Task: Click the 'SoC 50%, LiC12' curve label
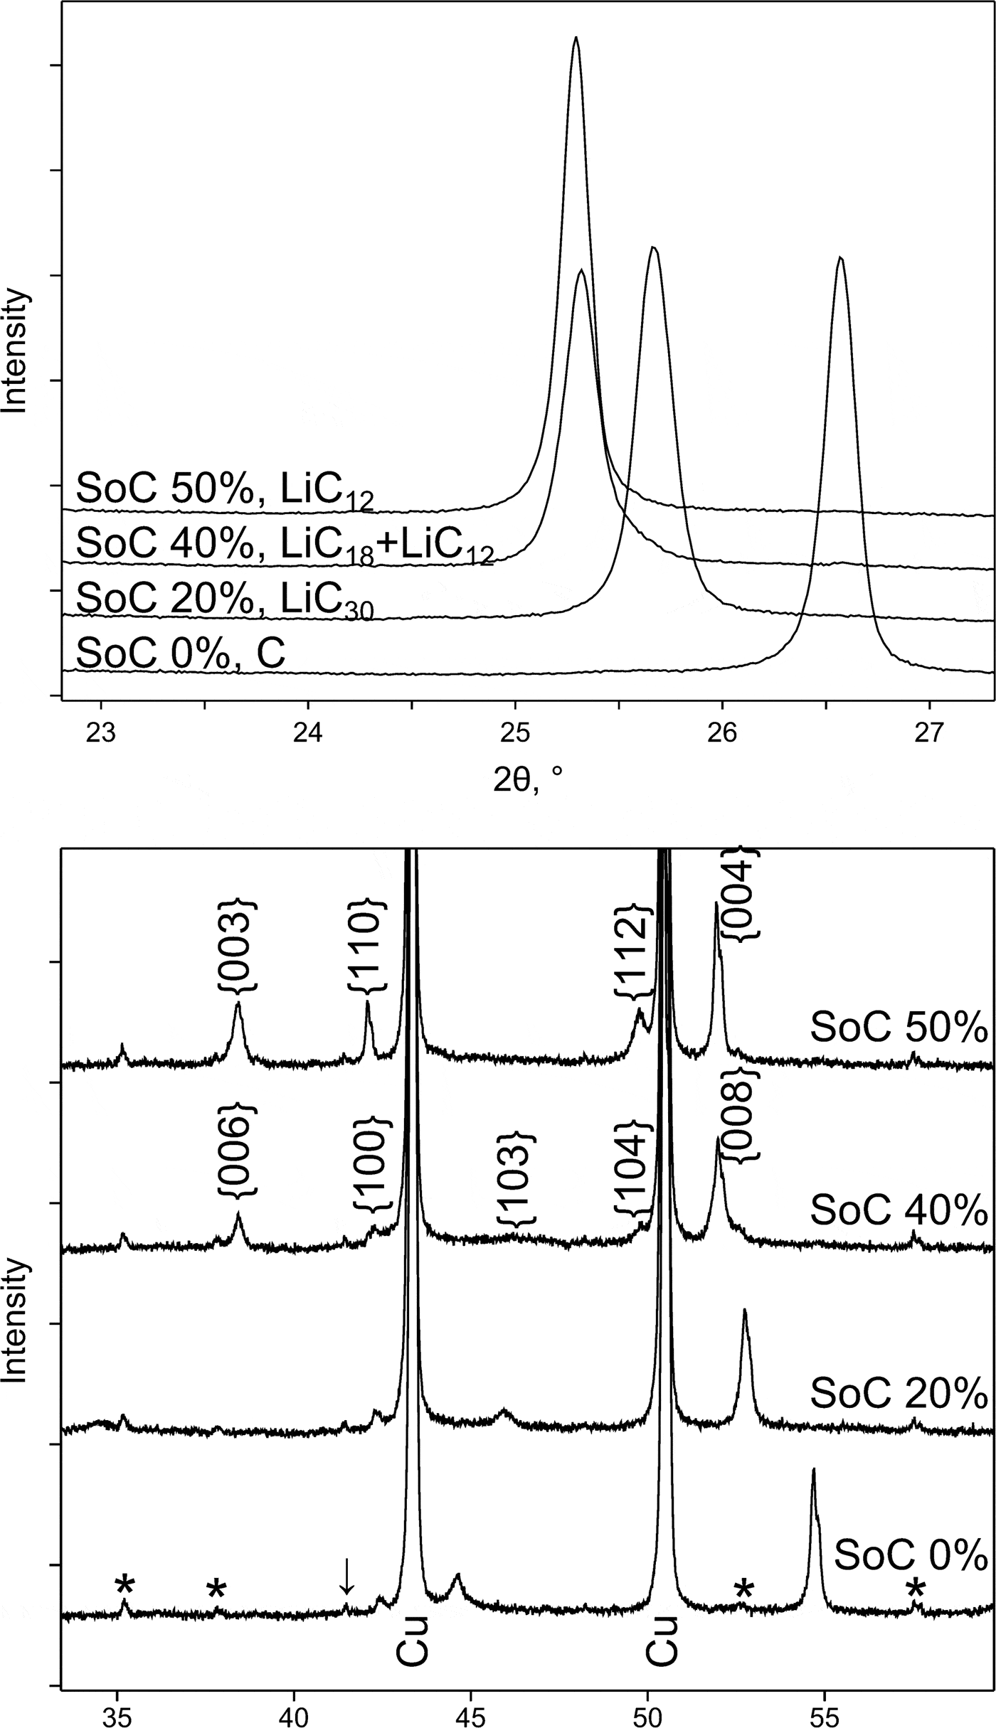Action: [224, 491]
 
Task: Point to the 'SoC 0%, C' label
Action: [181, 653]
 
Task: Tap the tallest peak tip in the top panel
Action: [576, 39]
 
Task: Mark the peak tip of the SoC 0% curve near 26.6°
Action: [840, 259]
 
